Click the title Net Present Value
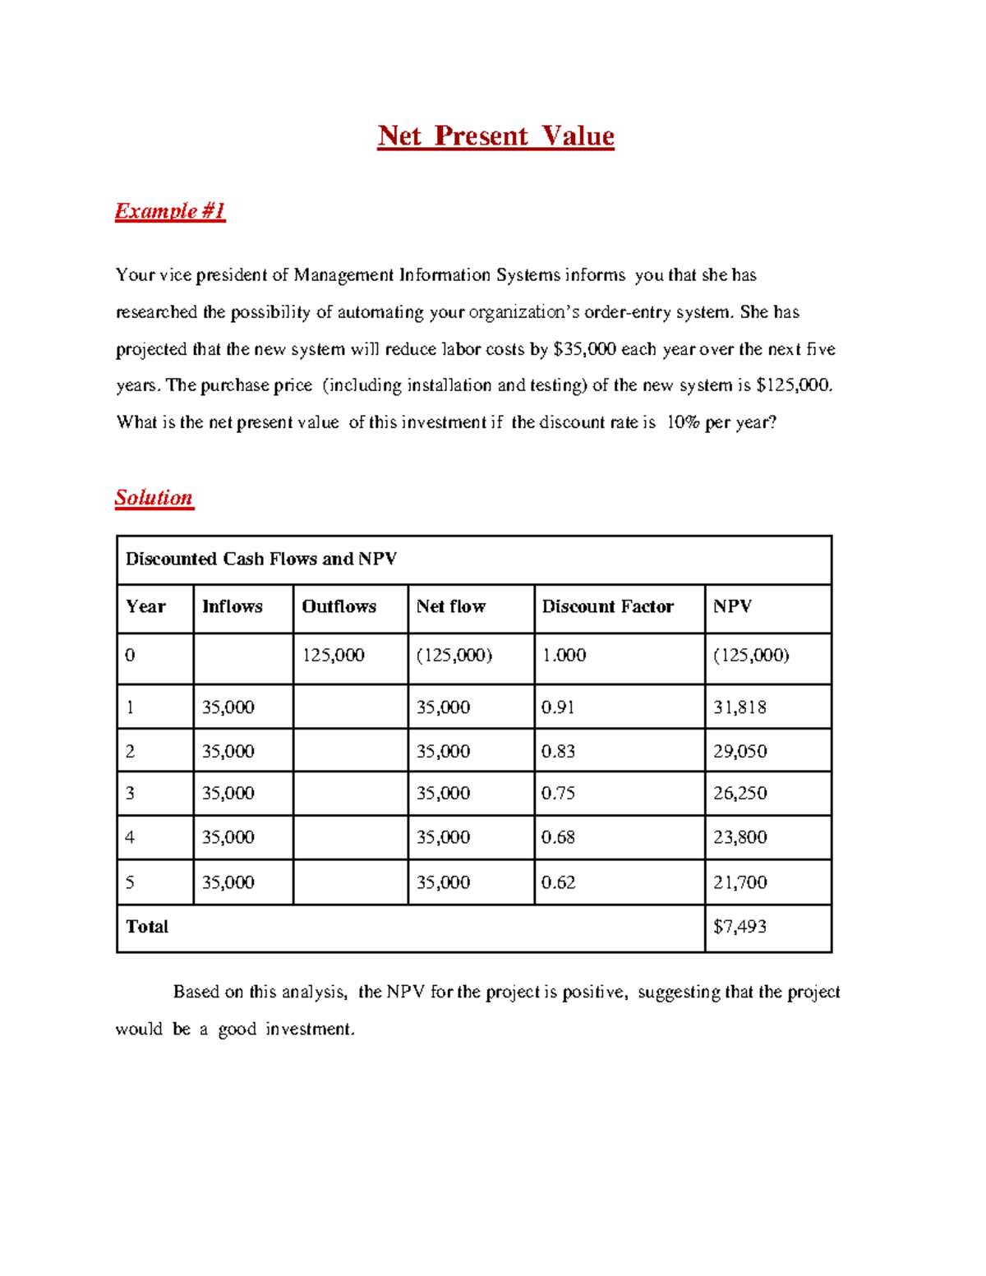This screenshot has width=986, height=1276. coord(495,136)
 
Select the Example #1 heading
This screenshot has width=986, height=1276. coord(169,211)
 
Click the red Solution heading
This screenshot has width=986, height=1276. coord(154,497)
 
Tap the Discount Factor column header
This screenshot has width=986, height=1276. coord(607,606)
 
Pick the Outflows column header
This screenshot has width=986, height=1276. coord(339,606)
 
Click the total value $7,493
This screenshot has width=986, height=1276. coord(739,927)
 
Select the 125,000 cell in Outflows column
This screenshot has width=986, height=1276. coord(333,655)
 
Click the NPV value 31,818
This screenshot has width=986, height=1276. coord(739,707)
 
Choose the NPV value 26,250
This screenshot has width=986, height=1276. coord(739,794)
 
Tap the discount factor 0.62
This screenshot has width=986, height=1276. coord(558,882)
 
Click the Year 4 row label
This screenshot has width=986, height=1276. coord(130,837)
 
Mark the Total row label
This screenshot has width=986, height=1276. coord(147,927)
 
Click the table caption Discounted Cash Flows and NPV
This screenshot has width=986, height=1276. coord(260,559)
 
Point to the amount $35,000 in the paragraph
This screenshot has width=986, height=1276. coord(584,349)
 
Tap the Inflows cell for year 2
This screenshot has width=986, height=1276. coord(228,751)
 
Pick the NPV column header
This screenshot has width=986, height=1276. coord(732,606)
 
